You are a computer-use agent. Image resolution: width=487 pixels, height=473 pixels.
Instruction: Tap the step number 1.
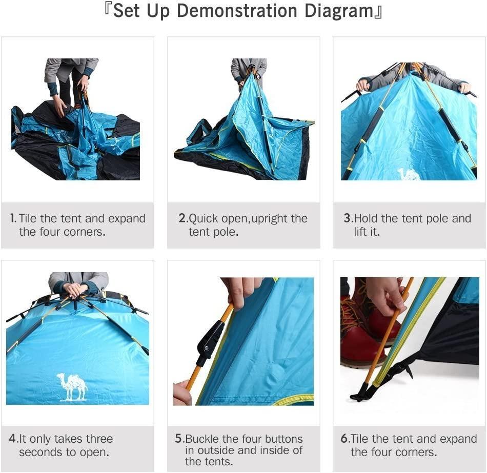pos(13,218)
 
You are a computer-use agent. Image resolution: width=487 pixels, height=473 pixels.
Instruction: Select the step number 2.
pos(182,218)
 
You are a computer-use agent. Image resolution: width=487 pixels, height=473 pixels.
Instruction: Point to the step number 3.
pos(348,218)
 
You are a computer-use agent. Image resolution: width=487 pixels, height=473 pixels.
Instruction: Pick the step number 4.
pos(13,439)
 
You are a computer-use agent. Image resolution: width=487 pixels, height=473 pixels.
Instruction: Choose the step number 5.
pos(179,439)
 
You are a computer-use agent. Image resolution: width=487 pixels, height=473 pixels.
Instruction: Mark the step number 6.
pos(344,439)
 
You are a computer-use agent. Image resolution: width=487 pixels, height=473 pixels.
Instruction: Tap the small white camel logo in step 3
pos(409,174)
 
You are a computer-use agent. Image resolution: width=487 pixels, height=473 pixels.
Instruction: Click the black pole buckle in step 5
pos(210,341)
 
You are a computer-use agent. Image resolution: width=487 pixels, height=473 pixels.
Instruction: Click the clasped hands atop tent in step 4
pos(76,290)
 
